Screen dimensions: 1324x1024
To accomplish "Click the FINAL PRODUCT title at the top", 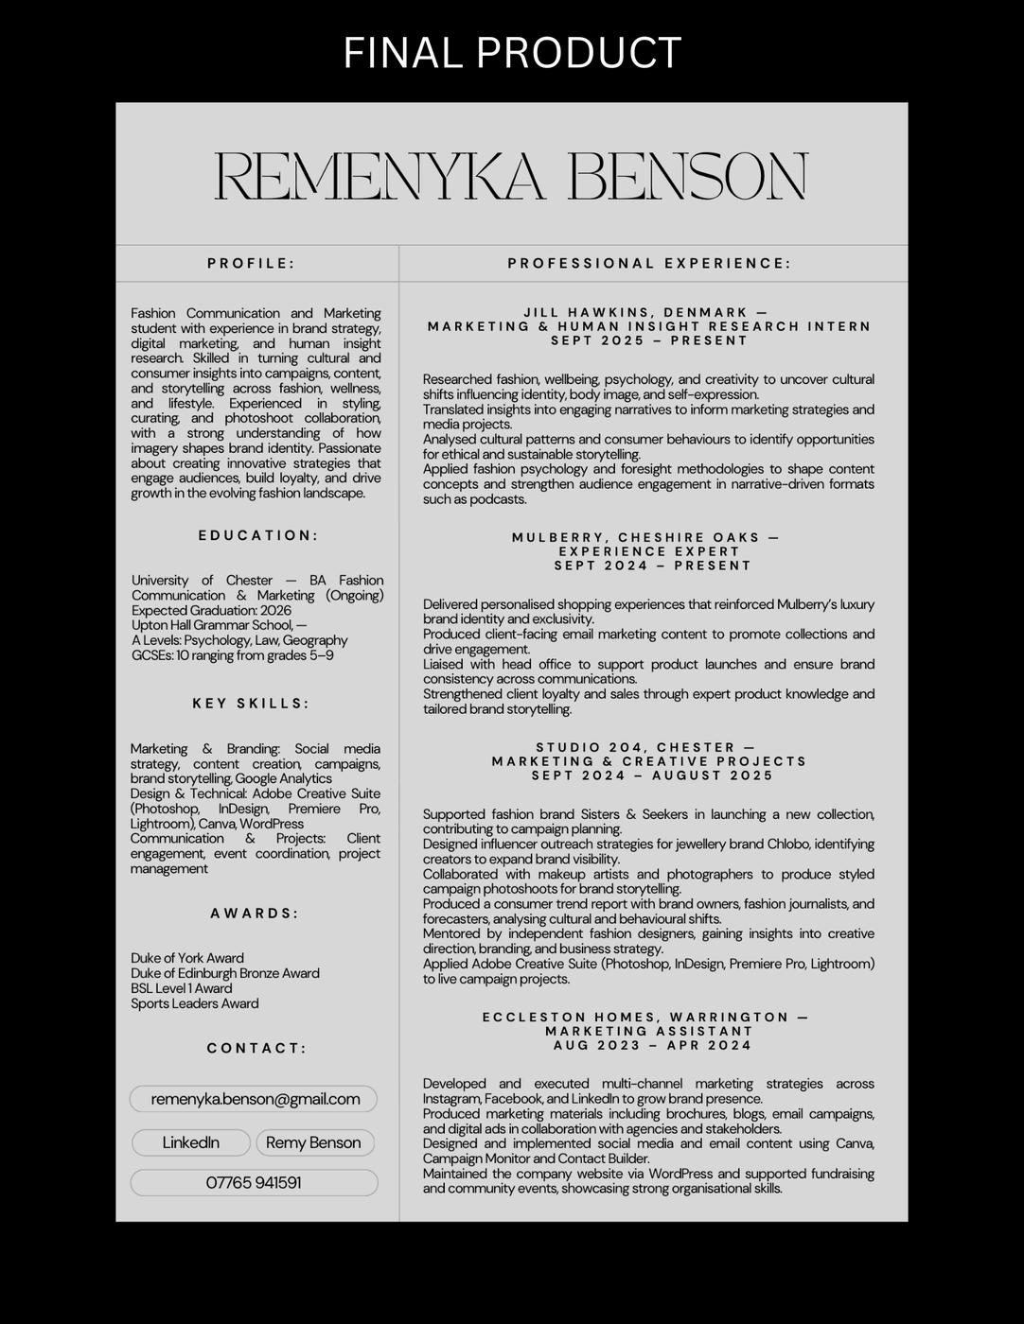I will (512, 53).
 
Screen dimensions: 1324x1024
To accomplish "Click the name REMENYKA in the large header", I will (380, 177).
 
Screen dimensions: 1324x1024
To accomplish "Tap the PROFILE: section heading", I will (252, 264).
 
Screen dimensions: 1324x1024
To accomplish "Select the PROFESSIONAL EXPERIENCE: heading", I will (649, 264).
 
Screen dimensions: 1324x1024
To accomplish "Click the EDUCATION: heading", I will (258, 535).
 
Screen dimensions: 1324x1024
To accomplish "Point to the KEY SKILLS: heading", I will (252, 704).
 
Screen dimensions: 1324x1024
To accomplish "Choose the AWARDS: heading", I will (255, 914).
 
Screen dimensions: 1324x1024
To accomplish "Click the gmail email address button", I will (255, 1099).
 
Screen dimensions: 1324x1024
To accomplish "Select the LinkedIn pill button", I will (191, 1142).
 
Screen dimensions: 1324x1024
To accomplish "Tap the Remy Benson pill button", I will (314, 1142).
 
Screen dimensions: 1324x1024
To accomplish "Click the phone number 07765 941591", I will (254, 1183).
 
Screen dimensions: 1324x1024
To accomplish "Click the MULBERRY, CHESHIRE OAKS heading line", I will (645, 538).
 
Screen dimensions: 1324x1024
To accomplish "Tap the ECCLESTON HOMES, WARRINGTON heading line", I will (645, 1018).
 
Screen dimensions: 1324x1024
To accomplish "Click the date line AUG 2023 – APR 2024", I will (653, 1046).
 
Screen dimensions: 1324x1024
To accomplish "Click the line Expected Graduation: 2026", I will (211, 611).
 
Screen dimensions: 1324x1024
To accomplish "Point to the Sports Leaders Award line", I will (195, 1003).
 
